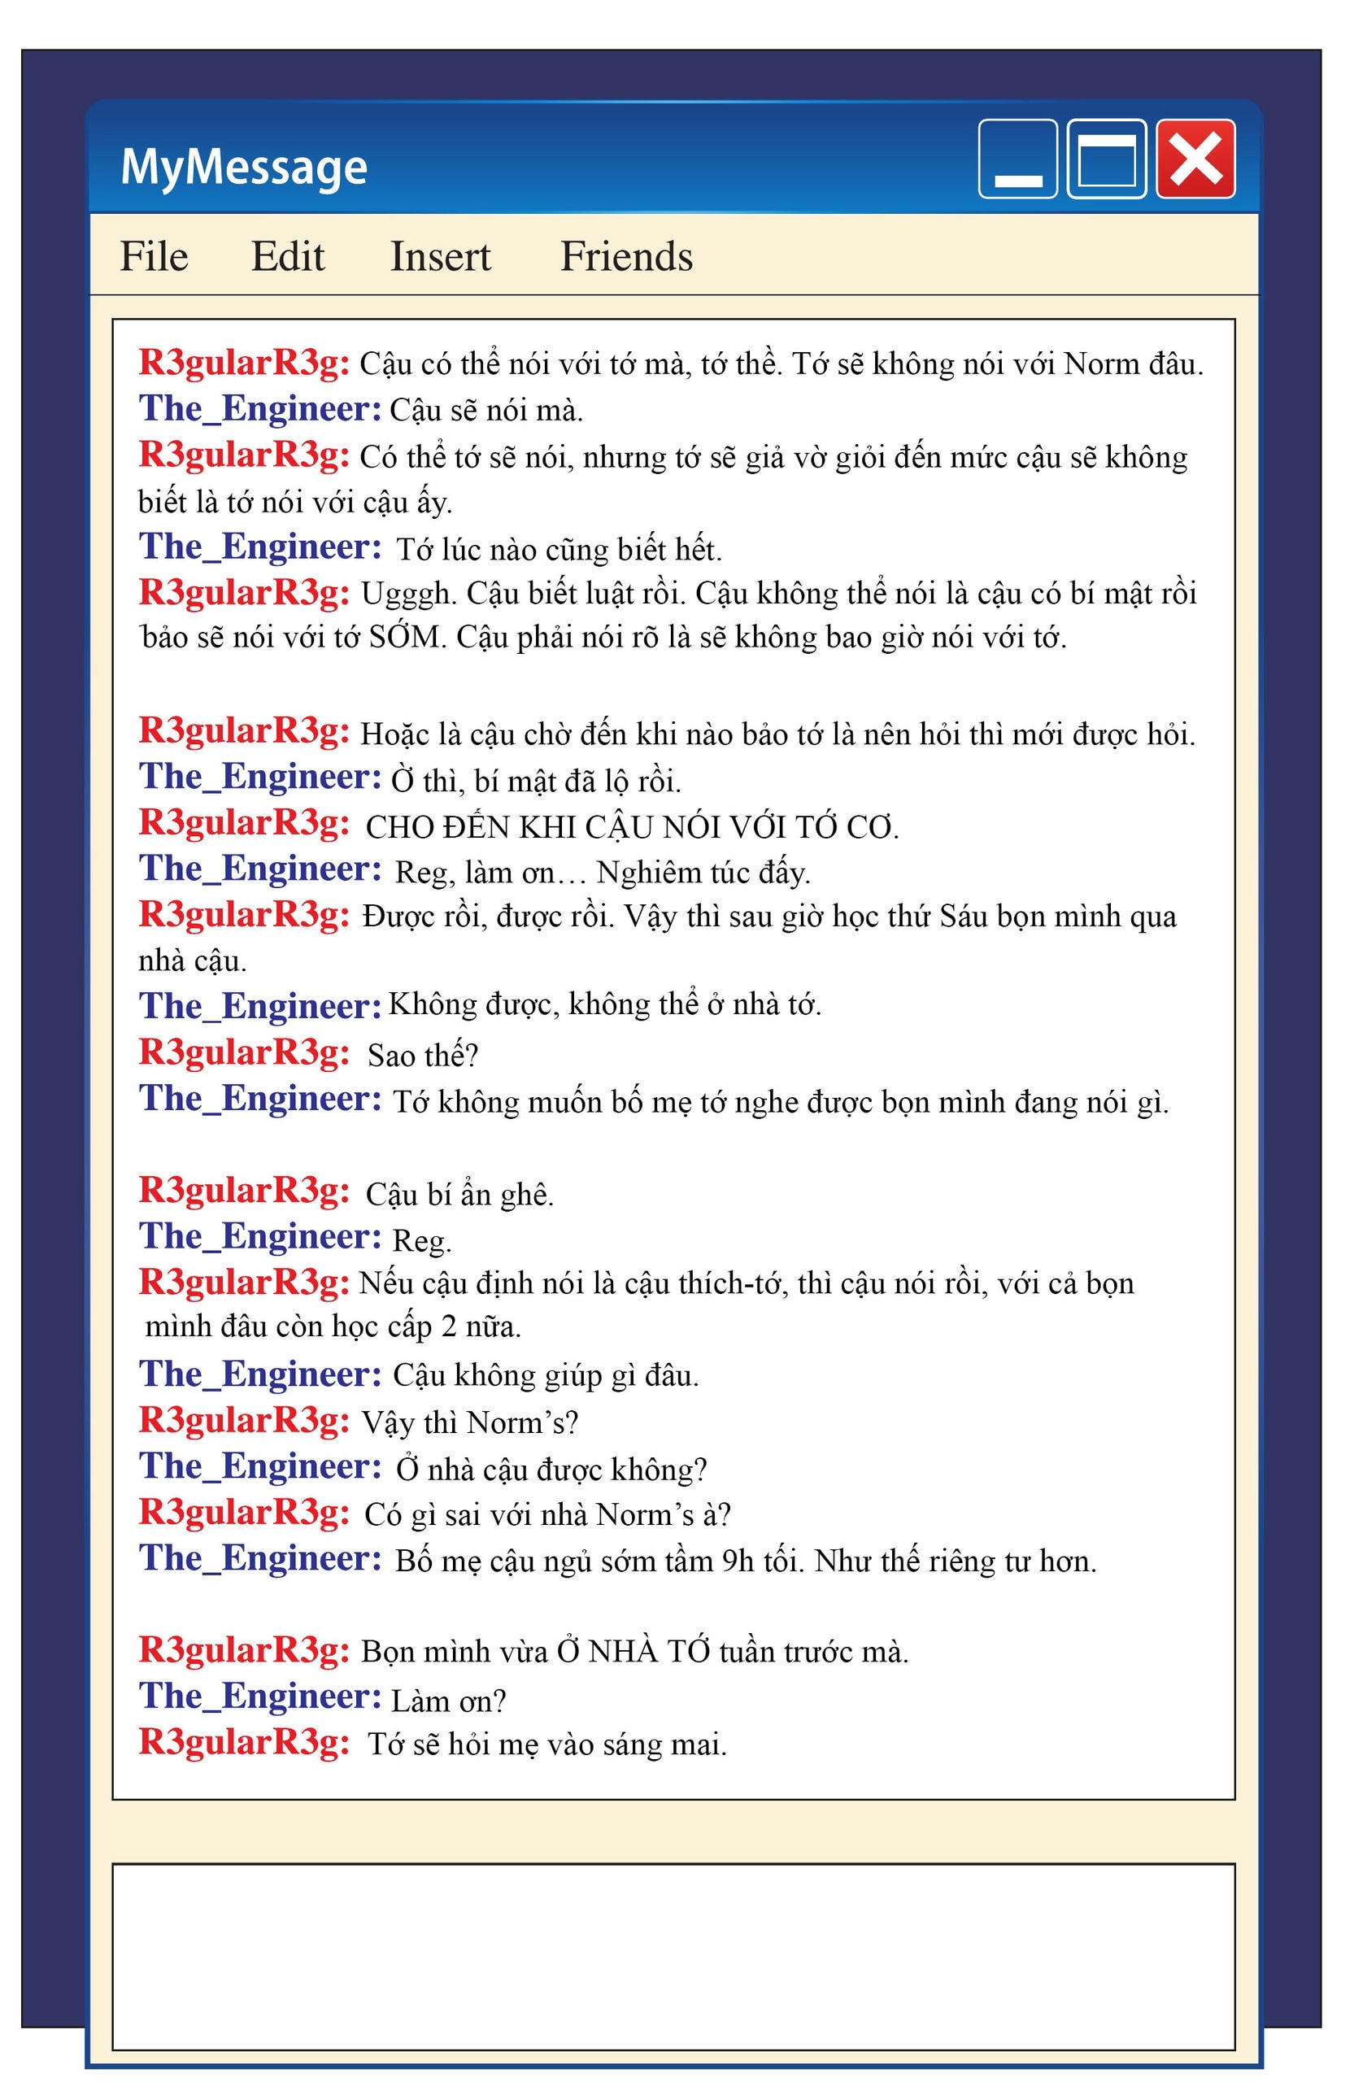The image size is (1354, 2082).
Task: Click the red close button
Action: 1195,159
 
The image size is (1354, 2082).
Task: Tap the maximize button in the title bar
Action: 1107,159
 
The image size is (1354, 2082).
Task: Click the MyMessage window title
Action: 243,166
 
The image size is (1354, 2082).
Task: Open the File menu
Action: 154,256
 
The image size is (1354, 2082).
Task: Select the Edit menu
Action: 287,256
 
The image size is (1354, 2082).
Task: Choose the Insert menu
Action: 440,256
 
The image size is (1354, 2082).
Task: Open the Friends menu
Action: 626,256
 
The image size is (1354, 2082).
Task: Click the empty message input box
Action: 673,1955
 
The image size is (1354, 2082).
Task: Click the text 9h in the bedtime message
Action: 738,1561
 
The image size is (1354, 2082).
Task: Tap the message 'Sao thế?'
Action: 424,1056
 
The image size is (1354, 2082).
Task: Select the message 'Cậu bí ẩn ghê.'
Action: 459,1194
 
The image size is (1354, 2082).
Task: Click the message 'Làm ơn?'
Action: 448,1701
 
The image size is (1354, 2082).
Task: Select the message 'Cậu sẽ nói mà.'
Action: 485,410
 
